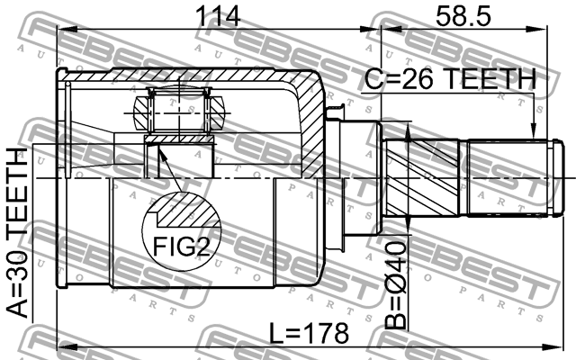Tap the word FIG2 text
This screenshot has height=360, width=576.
click(179, 245)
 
